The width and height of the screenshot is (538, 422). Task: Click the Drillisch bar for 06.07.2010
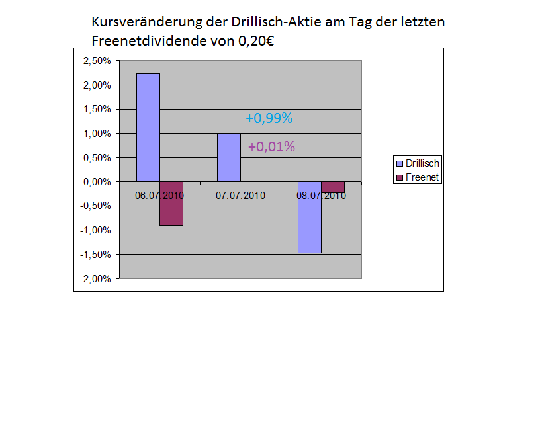(148, 127)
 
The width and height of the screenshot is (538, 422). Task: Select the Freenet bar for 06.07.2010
(171, 203)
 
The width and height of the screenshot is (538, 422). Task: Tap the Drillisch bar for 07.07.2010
(229, 157)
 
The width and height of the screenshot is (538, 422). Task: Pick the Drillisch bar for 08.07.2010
(310, 217)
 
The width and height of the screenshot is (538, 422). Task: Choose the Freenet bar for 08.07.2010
(333, 187)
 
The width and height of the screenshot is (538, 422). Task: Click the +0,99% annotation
(269, 118)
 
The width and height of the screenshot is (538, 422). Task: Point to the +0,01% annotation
(271, 147)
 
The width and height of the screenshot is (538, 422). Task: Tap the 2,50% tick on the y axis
(97, 61)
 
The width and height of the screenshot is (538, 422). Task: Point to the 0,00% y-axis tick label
(97, 182)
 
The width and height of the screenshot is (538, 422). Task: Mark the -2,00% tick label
(96, 278)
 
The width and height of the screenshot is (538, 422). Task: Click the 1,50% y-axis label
(97, 109)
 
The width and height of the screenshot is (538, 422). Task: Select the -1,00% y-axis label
(96, 230)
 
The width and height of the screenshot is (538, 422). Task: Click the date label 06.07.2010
(159, 195)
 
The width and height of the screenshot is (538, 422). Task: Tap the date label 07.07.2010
(240, 195)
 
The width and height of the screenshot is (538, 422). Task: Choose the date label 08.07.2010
(321, 195)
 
